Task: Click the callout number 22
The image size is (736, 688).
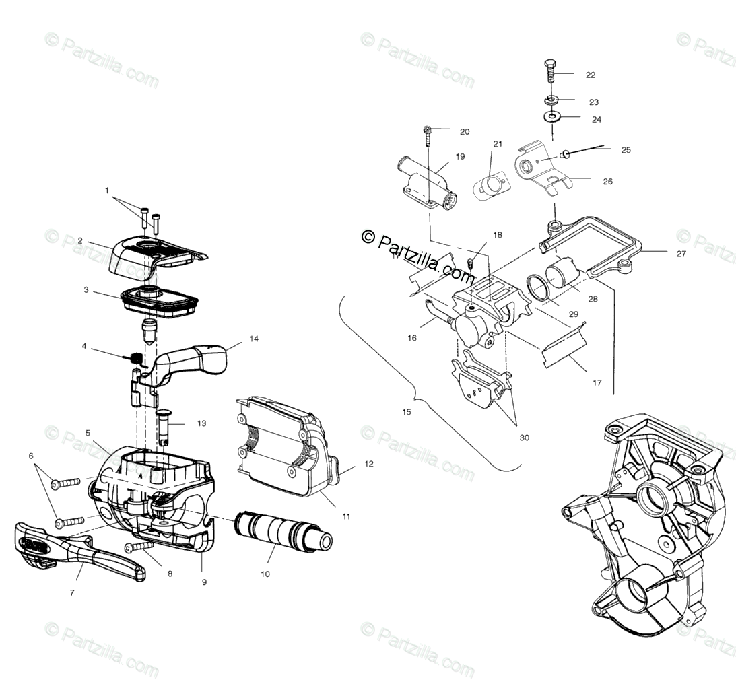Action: (591, 75)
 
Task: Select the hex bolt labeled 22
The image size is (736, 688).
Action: (550, 71)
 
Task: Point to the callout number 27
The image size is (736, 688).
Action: (681, 254)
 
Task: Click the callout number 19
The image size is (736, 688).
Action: (460, 157)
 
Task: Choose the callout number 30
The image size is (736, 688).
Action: (525, 438)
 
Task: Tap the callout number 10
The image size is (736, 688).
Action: (265, 574)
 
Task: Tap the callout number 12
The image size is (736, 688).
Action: (368, 464)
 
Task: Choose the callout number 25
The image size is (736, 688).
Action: (626, 150)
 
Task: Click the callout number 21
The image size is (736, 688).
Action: (498, 144)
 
